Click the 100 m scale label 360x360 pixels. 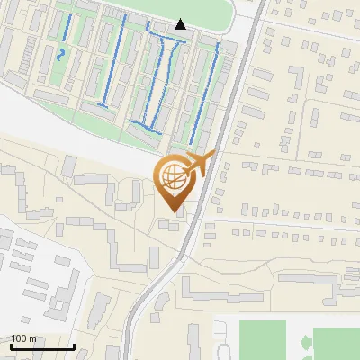point(22,338)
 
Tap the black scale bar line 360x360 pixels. point(41,347)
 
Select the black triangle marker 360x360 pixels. point(181,24)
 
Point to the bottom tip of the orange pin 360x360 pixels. point(174,212)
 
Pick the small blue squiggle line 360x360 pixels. point(61,53)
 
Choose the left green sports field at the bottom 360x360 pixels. point(262,340)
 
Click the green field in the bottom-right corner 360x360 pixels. point(337,344)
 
